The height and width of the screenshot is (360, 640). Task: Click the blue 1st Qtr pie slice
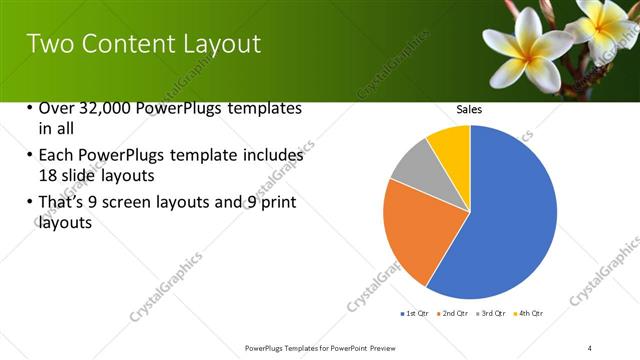pos(510,220)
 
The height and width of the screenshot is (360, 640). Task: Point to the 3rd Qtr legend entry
pos(492,314)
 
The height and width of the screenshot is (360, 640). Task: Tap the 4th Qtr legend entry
pos(530,314)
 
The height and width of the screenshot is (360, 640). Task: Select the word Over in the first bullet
pos(56,108)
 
